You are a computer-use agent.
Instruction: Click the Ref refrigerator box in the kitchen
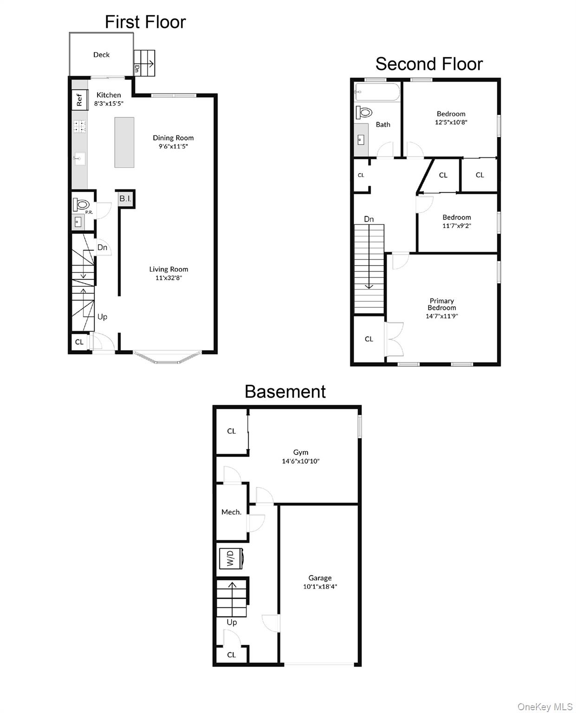click(79, 100)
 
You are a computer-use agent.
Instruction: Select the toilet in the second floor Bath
click(364, 112)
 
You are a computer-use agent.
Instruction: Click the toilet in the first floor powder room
click(82, 205)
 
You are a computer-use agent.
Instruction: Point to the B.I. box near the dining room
click(125, 199)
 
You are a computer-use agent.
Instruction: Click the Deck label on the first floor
click(101, 55)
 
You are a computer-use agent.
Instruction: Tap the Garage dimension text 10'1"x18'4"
click(320, 587)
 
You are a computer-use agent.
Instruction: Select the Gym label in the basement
click(301, 452)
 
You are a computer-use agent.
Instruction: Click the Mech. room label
click(231, 512)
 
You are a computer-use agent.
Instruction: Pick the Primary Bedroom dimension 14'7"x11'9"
click(442, 316)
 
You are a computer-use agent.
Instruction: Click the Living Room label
click(168, 269)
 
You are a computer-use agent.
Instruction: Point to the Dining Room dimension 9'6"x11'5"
click(173, 146)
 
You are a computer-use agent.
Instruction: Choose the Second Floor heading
click(429, 64)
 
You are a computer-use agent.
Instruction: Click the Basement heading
click(285, 392)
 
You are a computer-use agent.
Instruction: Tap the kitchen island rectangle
click(124, 142)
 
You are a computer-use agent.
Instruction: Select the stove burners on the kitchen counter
click(80, 126)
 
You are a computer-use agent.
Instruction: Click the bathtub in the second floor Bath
click(377, 92)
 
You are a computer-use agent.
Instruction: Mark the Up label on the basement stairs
click(232, 622)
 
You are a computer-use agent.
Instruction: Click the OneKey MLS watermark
click(544, 707)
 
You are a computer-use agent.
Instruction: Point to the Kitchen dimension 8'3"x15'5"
click(109, 104)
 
